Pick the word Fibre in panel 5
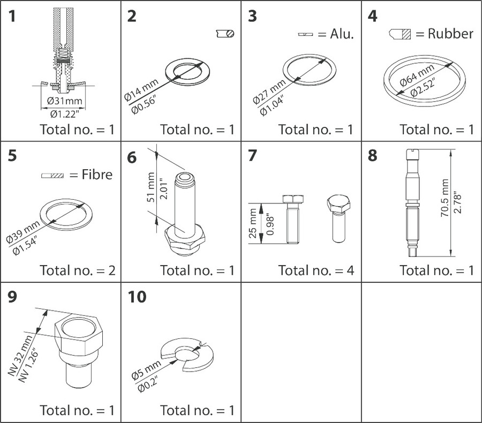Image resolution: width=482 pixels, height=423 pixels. [97, 175]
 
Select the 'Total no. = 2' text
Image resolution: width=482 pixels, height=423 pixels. [77, 270]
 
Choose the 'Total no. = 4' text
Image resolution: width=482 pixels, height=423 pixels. [316, 270]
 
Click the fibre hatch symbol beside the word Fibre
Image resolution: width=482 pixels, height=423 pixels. [52, 175]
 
